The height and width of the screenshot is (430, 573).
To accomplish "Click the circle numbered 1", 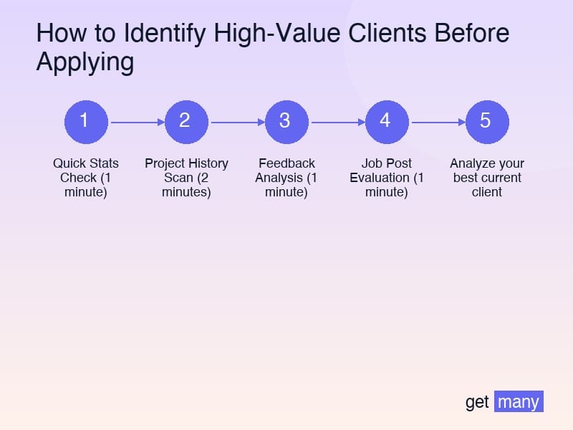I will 86,121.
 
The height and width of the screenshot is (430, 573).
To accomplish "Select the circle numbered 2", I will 186,121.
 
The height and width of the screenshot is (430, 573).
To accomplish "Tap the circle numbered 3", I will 286,121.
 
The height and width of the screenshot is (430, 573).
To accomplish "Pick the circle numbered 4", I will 387,121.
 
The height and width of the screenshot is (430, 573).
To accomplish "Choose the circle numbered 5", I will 487,121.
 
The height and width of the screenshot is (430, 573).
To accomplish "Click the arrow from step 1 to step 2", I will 136,122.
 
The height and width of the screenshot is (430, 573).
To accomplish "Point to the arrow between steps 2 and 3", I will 236,122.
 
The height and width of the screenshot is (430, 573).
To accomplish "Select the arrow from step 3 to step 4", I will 337,122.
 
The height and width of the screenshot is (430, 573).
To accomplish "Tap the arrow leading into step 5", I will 437,122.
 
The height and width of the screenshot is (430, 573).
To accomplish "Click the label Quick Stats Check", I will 86,178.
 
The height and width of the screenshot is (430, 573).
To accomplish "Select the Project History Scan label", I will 186,178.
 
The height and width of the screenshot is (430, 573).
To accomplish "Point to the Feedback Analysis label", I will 286,178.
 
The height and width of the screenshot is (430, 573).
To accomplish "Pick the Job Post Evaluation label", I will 387,178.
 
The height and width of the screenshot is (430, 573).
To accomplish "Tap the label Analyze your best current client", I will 487,178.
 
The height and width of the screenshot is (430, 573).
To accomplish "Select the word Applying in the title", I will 85,63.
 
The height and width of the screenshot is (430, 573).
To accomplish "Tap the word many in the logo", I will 519,402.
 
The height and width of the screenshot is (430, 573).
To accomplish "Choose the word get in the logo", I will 477,403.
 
